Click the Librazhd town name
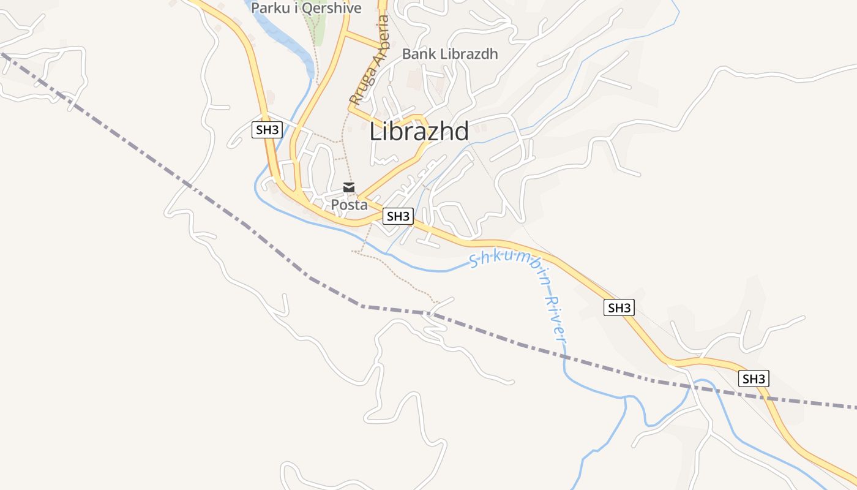click(x=419, y=131)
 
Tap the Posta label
click(x=349, y=205)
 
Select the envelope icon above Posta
click(x=349, y=187)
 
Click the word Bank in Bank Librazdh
click(x=419, y=54)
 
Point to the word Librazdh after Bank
click(x=468, y=54)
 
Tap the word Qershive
click(x=331, y=8)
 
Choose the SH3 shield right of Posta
click(x=398, y=216)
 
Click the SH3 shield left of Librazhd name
click(x=267, y=130)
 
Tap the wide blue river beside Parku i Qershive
click(x=288, y=37)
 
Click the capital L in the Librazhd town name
click(x=375, y=131)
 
